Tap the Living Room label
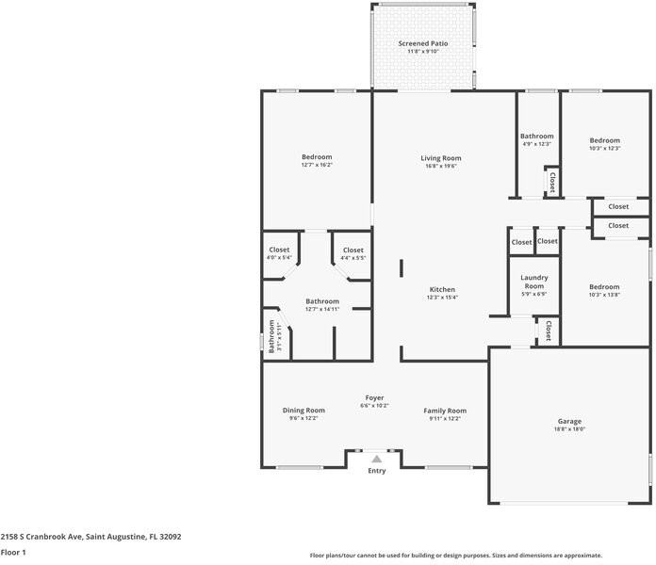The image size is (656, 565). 440,157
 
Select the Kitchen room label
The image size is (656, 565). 442,289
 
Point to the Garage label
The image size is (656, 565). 569,421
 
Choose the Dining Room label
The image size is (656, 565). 303,410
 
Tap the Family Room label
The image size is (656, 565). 444,410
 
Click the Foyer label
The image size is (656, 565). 374,397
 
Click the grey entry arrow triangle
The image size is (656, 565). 376,459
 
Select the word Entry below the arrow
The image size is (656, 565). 376,471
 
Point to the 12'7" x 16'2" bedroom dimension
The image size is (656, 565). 317,165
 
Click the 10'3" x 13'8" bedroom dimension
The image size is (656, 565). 604,295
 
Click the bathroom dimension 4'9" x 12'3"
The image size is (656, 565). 537,144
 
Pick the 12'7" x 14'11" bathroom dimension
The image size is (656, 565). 321,309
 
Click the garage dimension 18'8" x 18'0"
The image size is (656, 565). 569,428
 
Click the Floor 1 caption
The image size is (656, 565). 13,553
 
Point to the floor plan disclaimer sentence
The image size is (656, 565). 456,556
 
